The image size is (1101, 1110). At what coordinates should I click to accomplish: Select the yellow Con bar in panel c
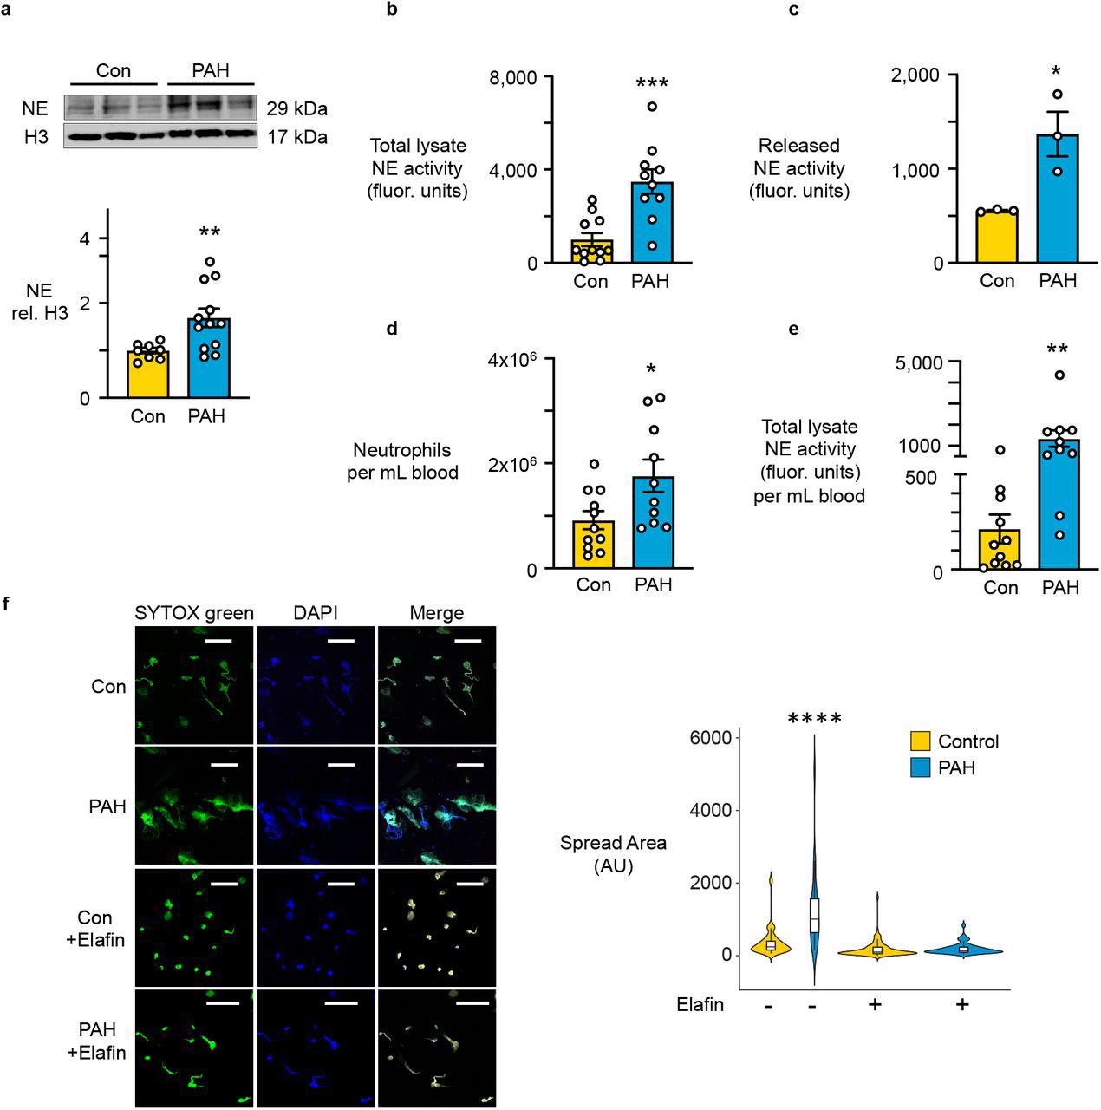pos(997,236)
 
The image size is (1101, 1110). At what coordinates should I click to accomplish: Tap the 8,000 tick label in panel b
pos(514,77)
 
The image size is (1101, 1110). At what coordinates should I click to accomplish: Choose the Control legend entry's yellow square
pos(920,741)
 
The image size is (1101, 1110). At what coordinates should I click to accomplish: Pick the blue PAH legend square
pos(920,767)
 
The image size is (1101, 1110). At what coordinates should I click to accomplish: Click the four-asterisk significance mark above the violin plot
pos(814,719)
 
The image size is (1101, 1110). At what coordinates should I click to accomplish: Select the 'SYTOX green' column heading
pos(194,613)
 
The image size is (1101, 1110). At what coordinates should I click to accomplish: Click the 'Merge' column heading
pos(436,613)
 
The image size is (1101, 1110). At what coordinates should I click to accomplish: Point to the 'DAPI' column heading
pos(316,613)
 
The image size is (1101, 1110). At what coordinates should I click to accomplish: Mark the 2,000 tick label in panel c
pos(917,75)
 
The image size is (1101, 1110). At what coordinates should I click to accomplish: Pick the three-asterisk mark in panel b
pos(651,84)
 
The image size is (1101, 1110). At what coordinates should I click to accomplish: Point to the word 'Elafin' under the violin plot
pos(700,1004)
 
